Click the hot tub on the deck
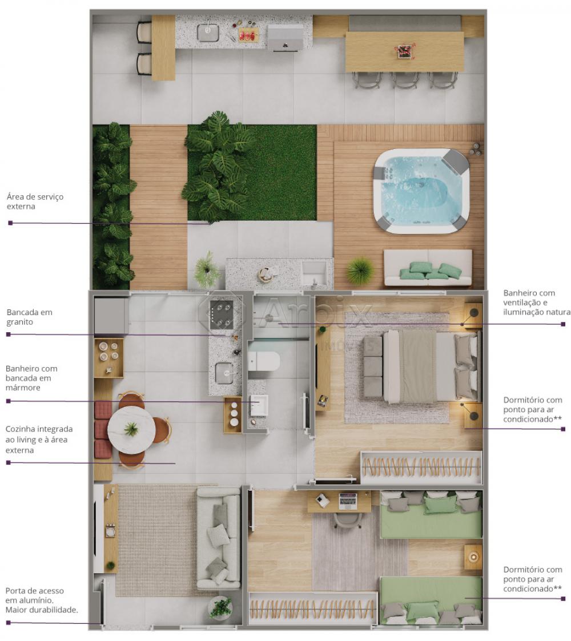[421, 192]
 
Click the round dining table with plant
[131, 428]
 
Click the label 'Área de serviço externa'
[35, 201]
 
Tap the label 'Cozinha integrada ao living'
[39, 439]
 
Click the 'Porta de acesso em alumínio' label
[41, 600]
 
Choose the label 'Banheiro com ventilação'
[536, 303]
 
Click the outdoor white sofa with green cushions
[428, 268]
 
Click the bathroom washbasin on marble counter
[258, 406]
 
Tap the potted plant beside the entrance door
[220, 608]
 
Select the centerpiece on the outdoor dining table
[403, 51]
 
